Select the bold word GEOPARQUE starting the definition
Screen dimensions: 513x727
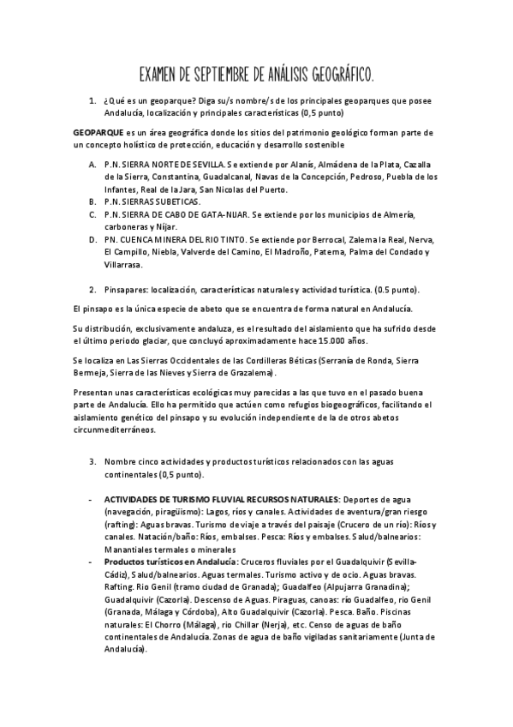[98, 133]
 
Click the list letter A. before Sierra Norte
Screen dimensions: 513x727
[92, 162]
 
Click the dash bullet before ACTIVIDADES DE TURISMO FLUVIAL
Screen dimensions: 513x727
[92, 498]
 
